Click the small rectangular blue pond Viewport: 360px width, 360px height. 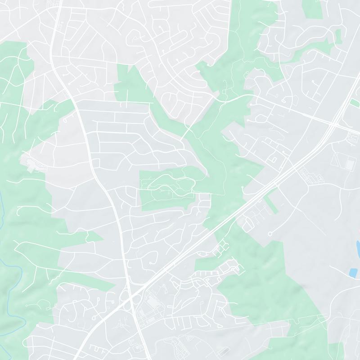353,272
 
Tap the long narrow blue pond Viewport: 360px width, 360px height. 358,247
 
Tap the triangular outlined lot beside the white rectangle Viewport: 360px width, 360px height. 337,159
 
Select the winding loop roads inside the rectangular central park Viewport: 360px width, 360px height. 169,187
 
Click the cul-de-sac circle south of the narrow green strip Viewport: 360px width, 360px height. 270,234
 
